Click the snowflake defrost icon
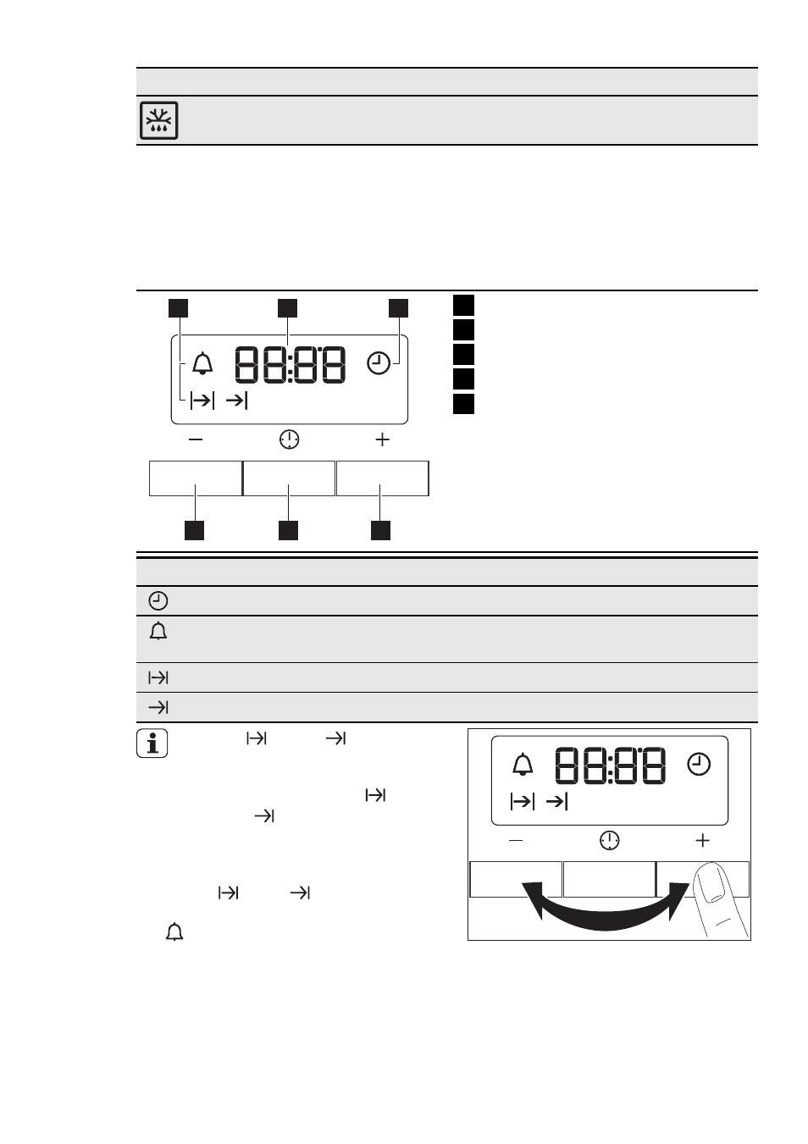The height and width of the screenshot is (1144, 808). [x=159, y=120]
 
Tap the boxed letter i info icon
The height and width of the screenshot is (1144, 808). [x=152, y=743]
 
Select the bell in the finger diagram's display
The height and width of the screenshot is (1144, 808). [x=523, y=764]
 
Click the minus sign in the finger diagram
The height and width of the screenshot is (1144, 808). [x=516, y=840]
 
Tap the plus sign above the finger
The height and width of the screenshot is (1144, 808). [x=703, y=840]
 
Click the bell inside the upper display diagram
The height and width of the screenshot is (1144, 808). [x=202, y=363]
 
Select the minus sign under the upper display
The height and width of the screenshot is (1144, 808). [x=196, y=439]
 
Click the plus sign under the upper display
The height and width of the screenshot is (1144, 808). [x=382, y=439]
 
